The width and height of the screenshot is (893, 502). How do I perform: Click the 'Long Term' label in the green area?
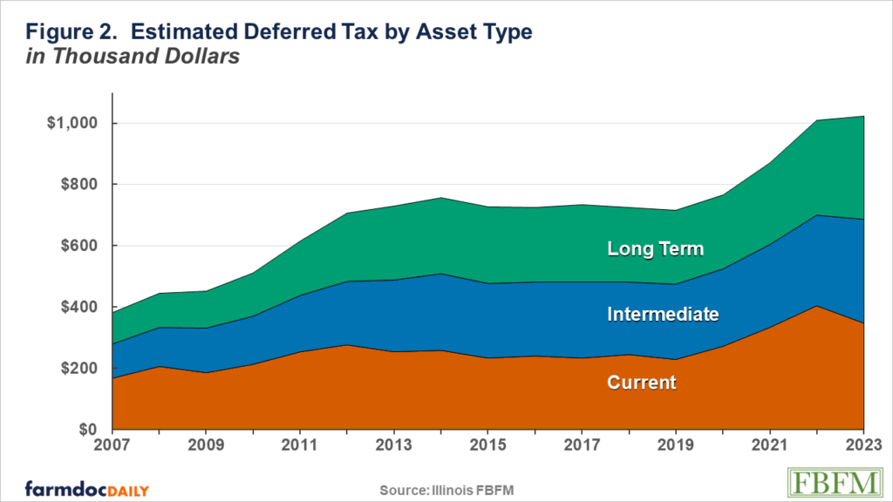(655, 249)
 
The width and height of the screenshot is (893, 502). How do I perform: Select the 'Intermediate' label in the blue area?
(663, 315)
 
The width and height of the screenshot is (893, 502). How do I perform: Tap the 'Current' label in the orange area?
(642, 382)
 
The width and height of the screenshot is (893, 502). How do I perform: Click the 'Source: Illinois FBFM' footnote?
(446, 490)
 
